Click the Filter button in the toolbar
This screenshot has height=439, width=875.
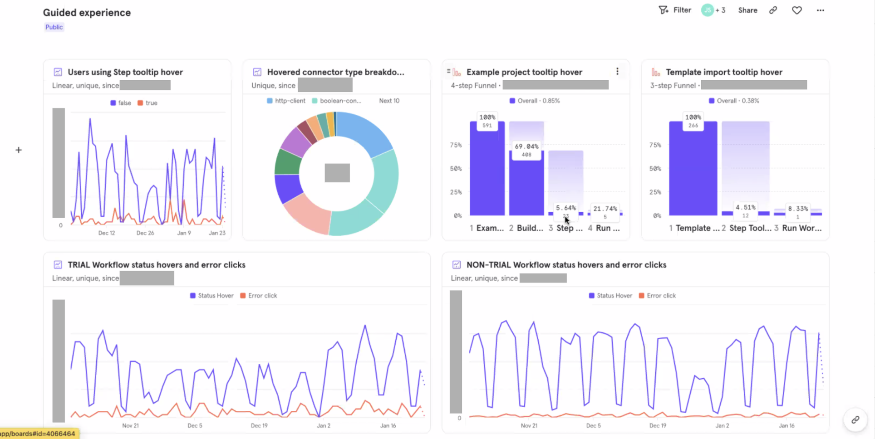(675, 10)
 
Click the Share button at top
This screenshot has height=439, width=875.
(747, 10)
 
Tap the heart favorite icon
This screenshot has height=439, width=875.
(796, 10)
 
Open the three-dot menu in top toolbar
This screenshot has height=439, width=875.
(820, 10)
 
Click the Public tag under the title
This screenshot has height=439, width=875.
(54, 27)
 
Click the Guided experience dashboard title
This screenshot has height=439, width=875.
(87, 13)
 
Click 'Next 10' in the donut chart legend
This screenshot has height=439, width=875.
(389, 101)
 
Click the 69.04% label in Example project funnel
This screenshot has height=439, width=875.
(526, 146)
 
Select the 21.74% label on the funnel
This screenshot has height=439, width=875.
(605, 209)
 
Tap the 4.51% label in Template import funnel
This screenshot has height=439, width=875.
(746, 207)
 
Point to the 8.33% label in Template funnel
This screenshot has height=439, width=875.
(798, 209)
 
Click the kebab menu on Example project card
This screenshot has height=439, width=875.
(617, 72)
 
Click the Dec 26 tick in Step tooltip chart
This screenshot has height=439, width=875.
(145, 233)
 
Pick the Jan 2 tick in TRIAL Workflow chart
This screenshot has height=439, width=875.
(324, 426)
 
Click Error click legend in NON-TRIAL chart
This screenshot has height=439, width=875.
(657, 296)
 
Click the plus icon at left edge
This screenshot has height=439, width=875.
(19, 150)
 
